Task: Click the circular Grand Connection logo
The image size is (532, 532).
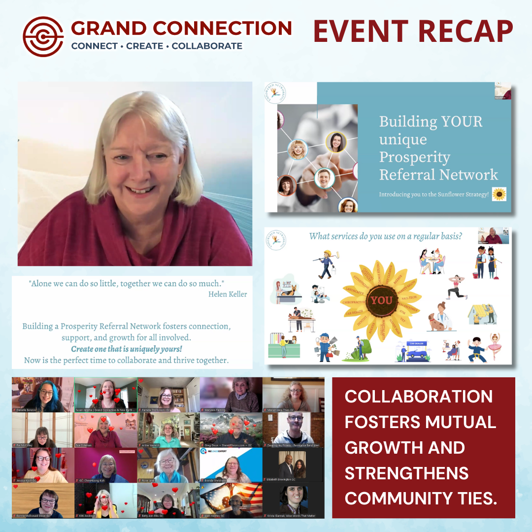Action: [x=43, y=37]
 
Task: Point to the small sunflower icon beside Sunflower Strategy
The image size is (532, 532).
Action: [x=499, y=194]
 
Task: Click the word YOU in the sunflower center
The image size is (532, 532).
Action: [x=381, y=300]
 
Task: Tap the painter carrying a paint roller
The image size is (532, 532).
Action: [x=326, y=264]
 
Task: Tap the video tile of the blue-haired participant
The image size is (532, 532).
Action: [x=43, y=394]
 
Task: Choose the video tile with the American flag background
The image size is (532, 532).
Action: [x=231, y=500]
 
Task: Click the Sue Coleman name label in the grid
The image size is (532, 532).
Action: [x=84, y=445]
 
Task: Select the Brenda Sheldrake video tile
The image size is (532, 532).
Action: [x=231, y=465]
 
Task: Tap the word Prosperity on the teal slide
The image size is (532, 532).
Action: [x=414, y=157]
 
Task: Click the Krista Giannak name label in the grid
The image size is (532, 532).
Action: [x=296, y=515]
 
